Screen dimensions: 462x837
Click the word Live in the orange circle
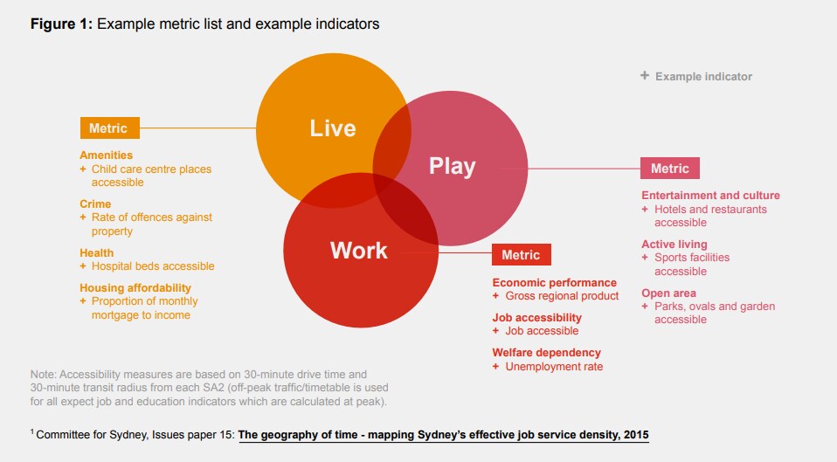333,128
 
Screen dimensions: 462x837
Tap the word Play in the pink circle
452,166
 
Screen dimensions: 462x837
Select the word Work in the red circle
358,251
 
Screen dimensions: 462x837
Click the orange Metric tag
109,128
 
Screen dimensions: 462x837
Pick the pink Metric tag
670,168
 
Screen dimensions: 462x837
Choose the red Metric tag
522,255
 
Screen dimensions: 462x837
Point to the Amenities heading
106,155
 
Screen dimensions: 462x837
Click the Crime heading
95,203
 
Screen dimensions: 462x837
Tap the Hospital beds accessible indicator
152,265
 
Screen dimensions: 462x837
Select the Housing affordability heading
135,287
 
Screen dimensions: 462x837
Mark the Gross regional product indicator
562,296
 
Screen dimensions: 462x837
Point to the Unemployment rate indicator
554,366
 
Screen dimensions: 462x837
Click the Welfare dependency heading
546,353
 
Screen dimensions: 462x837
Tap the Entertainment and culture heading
710,196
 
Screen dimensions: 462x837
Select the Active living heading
674,245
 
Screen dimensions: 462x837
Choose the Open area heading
668,293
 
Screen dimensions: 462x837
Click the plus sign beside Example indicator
645,76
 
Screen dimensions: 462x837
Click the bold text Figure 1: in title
61,24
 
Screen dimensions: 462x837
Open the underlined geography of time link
444,434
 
